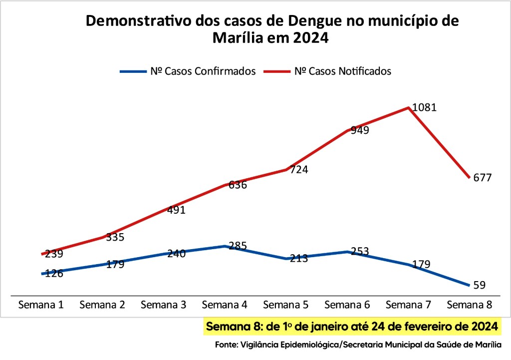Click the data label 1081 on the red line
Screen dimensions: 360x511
425,107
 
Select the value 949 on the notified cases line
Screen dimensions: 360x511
359,130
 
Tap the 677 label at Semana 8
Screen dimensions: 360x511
482,178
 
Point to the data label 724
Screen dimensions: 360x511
298,169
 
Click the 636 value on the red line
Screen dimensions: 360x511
238,185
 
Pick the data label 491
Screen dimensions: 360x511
176,210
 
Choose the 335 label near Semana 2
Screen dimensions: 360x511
115,237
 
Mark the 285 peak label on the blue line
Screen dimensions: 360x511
238,246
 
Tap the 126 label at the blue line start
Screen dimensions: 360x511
53,273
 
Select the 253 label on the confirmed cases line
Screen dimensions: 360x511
359,251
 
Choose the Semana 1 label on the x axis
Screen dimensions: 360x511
41,305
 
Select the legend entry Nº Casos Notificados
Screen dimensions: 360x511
342,71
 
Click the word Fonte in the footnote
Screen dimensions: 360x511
226,345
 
